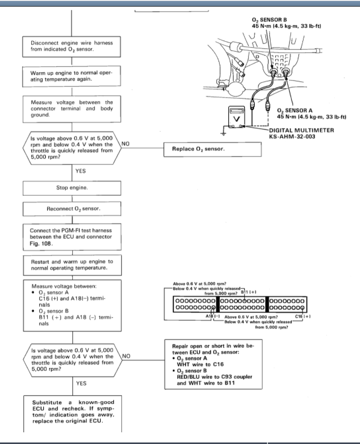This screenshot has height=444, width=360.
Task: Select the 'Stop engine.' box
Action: (x=71, y=188)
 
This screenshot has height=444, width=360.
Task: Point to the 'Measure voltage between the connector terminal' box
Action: (x=71, y=108)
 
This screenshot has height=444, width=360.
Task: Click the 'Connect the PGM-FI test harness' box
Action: (x=71, y=236)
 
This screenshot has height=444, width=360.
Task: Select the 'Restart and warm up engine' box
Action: (x=71, y=265)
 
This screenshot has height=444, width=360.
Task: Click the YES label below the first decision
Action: (x=81, y=171)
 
